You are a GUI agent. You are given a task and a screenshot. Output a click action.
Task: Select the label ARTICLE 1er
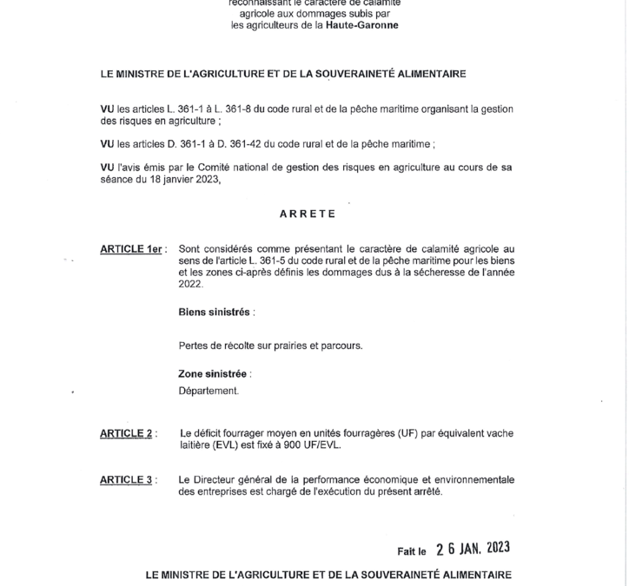click(x=132, y=249)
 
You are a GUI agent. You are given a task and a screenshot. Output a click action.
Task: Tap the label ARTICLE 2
click(x=127, y=432)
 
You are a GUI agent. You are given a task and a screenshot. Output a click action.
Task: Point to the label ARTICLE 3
click(x=127, y=479)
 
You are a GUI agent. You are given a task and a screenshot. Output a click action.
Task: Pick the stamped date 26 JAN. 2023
click(x=473, y=548)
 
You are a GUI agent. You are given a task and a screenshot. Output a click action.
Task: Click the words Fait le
click(x=412, y=550)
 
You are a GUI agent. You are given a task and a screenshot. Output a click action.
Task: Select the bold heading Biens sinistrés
click(x=215, y=311)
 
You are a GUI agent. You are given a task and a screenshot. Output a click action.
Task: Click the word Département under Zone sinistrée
click(x=208, y=391)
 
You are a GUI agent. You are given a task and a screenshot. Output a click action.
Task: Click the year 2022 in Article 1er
click(x=189, y=284)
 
